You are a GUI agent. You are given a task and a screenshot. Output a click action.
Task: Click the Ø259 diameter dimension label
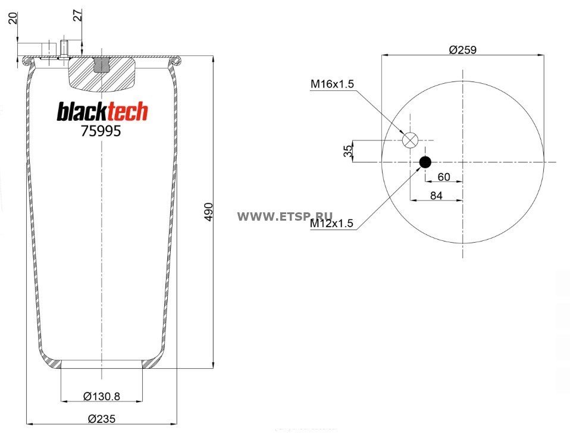click(462, 50)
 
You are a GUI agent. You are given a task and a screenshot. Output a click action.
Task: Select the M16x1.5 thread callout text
click(332, 84)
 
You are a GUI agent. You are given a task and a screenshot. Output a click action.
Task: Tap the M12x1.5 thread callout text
click(331, 223)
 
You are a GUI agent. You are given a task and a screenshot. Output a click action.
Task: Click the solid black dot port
click(425, 162)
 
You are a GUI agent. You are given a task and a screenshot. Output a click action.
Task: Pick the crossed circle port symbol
click(411, 140)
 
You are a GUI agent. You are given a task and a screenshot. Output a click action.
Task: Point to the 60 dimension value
click(444, 177)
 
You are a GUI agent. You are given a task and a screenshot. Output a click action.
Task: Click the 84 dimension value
click(436, 196)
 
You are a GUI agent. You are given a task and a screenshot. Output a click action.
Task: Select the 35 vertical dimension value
click(348, 150)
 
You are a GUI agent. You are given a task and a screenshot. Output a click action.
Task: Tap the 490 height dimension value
click(209, 212)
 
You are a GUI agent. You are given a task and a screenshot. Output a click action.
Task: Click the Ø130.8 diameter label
click(102, 396)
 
